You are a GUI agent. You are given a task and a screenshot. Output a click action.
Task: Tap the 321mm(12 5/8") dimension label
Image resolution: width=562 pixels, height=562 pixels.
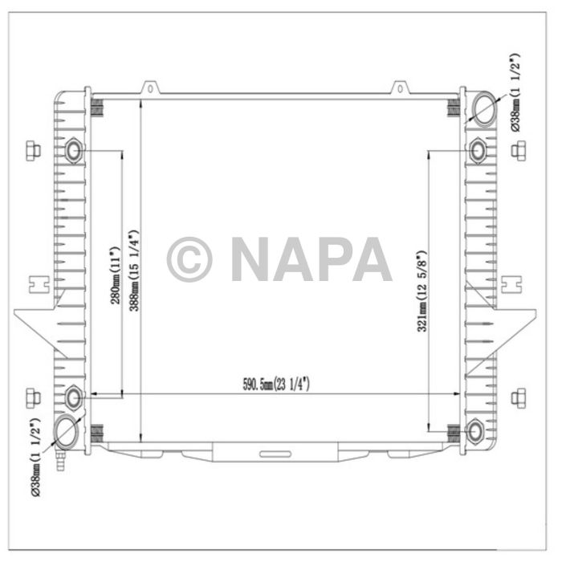click(421, 290)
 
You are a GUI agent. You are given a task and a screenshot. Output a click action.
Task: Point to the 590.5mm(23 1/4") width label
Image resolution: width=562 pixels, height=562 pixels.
click(275, 385)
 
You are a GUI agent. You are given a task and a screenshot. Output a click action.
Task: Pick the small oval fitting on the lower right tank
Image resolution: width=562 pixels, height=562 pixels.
click(475, 431)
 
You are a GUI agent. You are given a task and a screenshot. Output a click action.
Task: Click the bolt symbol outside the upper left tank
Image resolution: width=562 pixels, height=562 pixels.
click(32, 150)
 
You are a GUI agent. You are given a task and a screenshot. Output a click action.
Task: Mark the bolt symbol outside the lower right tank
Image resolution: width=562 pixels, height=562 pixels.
click(519, 397)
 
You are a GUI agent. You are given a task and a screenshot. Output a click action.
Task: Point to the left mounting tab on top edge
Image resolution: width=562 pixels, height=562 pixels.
click(149, 88)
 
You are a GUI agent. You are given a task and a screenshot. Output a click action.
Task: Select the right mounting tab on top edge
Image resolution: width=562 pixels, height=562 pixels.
click(400, 88)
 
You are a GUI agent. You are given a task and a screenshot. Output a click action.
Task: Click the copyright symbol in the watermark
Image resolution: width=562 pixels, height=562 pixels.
click(189, 259)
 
